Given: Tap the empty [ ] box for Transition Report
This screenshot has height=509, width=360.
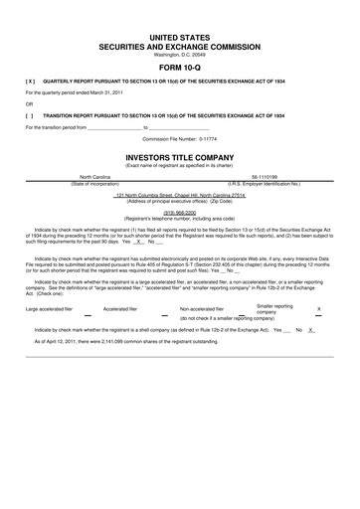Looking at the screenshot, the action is (x=30, y=115).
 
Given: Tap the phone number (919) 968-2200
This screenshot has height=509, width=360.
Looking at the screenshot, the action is (x=179, y=211).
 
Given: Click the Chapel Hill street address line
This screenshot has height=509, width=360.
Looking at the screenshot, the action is (x=179, y=194).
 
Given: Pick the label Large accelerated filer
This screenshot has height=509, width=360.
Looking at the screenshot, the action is (x=51, y=309).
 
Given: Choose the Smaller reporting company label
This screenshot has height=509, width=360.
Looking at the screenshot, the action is (x=274, y=309).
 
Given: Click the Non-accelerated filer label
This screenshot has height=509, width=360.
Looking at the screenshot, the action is (x=201, y=309).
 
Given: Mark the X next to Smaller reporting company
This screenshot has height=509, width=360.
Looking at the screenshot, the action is (x=318, y=309).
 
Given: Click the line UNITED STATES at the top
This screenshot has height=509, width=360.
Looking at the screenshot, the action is (x=179, y=36).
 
